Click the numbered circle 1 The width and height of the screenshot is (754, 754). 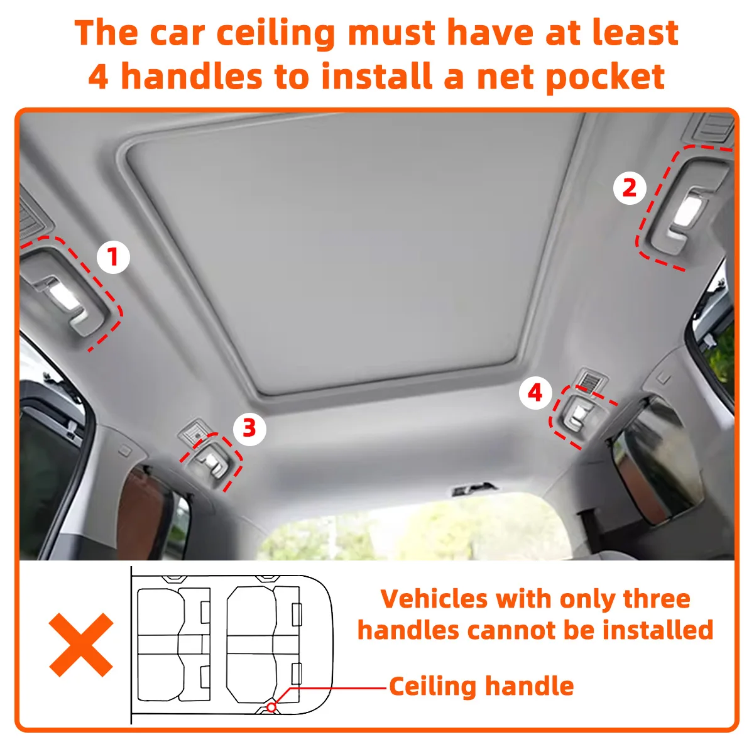pyautogui.click(x=113, y=257)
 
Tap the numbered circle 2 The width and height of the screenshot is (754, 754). pyautogui.click(x=629, y=188)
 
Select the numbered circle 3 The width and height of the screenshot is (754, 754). pyautogui.click(x=249, y=429)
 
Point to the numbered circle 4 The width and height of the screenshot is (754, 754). pyautogui.click(x=535, y=393)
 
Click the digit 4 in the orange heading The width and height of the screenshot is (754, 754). pyautogui.click(x=99, y=76)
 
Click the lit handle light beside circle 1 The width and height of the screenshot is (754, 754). pyautogui.click(x=65, y=295)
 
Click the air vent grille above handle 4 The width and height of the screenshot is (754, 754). pyautogui.click(x=590, y=378)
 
